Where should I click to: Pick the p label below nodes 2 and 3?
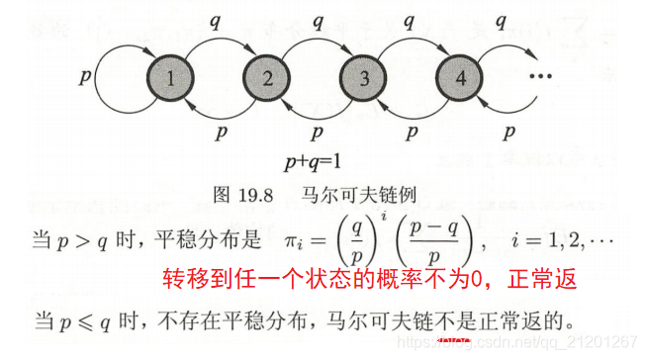(x=317, y=130)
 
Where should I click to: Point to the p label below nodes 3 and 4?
(x=413, y=130)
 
